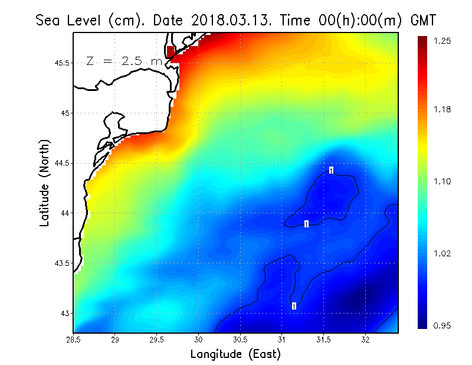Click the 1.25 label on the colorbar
click(x=443, y=41)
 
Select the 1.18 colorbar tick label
click(x=443, y=109)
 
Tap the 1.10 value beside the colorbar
click(x=443, y=181)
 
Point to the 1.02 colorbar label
click(x=443, y=253)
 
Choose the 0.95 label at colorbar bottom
click(x=443, y=325)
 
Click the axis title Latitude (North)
click(x=45, y=182)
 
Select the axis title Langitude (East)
click(x=235, y=354)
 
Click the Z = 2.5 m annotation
click(x=123, y=61)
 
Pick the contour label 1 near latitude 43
click(x=293, y=306)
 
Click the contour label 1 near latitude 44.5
click(x=331, y=170)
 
